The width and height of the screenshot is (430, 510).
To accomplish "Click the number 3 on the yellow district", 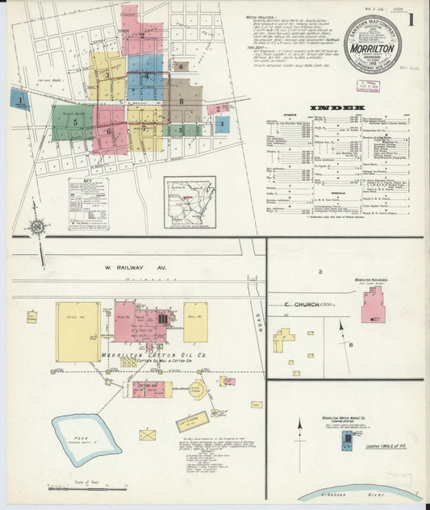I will click(106, 76).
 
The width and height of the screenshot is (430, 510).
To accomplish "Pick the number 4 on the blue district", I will click(146, 75).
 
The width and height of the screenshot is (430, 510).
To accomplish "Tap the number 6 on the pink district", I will click(109, 131).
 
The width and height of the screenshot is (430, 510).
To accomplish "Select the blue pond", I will click(86, 432).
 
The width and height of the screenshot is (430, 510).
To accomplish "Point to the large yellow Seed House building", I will click(78, 331).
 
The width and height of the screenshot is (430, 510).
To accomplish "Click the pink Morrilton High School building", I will click(373, 306).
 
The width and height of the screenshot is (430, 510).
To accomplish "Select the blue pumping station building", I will click(347, 438).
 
